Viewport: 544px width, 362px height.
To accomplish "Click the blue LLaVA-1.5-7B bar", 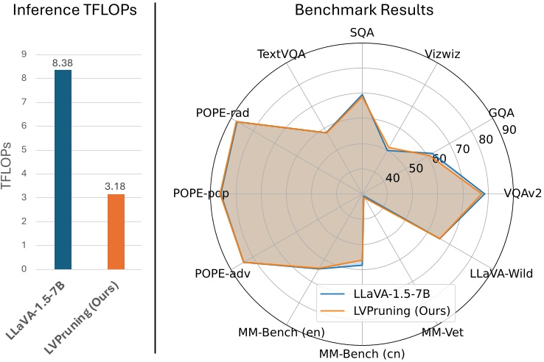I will pos(63,169).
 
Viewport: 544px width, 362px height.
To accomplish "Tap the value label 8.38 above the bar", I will pos(63,63).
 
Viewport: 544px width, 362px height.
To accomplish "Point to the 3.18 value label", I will pos(115,187).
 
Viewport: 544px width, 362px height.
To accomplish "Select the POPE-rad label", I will pos(223,113).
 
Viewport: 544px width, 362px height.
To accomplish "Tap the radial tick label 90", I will pos(507,130).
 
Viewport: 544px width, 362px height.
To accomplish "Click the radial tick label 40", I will pos(393,177).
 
